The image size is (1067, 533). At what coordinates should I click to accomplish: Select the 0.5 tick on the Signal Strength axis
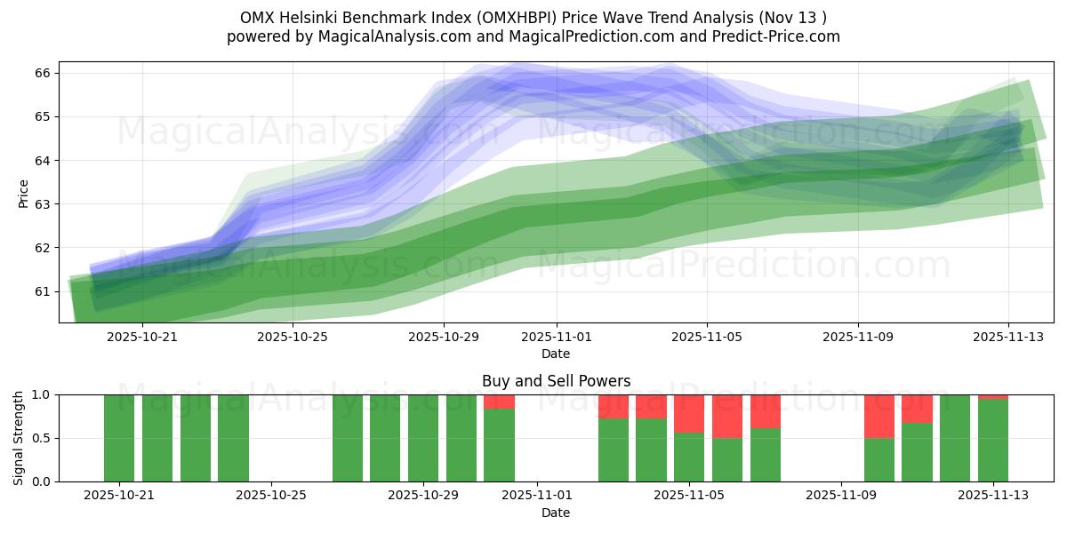[40, 438]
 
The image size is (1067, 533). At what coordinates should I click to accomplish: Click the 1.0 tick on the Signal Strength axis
[40, 394]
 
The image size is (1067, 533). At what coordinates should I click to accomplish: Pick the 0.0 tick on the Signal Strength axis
[40, 481]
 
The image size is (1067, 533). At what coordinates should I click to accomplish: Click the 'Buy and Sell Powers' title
[556, 381]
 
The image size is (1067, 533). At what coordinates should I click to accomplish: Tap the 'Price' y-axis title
[23, 193]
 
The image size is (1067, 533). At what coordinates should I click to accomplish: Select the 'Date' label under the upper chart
[556, 354]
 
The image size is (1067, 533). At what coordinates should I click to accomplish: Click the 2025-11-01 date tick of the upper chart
[557, 337]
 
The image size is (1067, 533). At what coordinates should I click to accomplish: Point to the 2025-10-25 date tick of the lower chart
[270, 496]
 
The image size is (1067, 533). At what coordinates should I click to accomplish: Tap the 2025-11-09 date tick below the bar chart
[840, 496]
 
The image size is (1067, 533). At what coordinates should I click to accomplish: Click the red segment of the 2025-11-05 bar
[689, 413]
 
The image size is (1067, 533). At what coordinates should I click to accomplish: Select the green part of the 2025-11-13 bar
[993, 440]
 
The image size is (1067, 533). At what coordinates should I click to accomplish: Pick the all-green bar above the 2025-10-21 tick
[119, 438]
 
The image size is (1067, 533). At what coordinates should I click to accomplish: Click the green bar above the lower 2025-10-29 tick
[423, 438]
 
